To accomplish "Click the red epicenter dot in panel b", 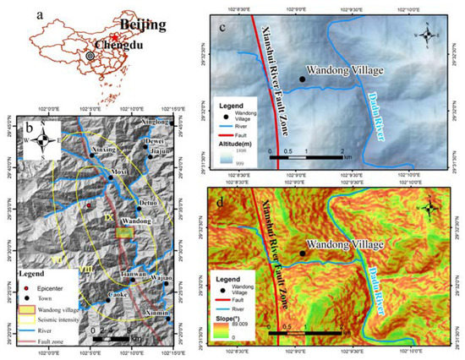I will point(88,205).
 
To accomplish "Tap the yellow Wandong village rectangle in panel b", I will point(125,231).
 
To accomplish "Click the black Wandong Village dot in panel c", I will point(302,79).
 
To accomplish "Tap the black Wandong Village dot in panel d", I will point(302,253).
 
